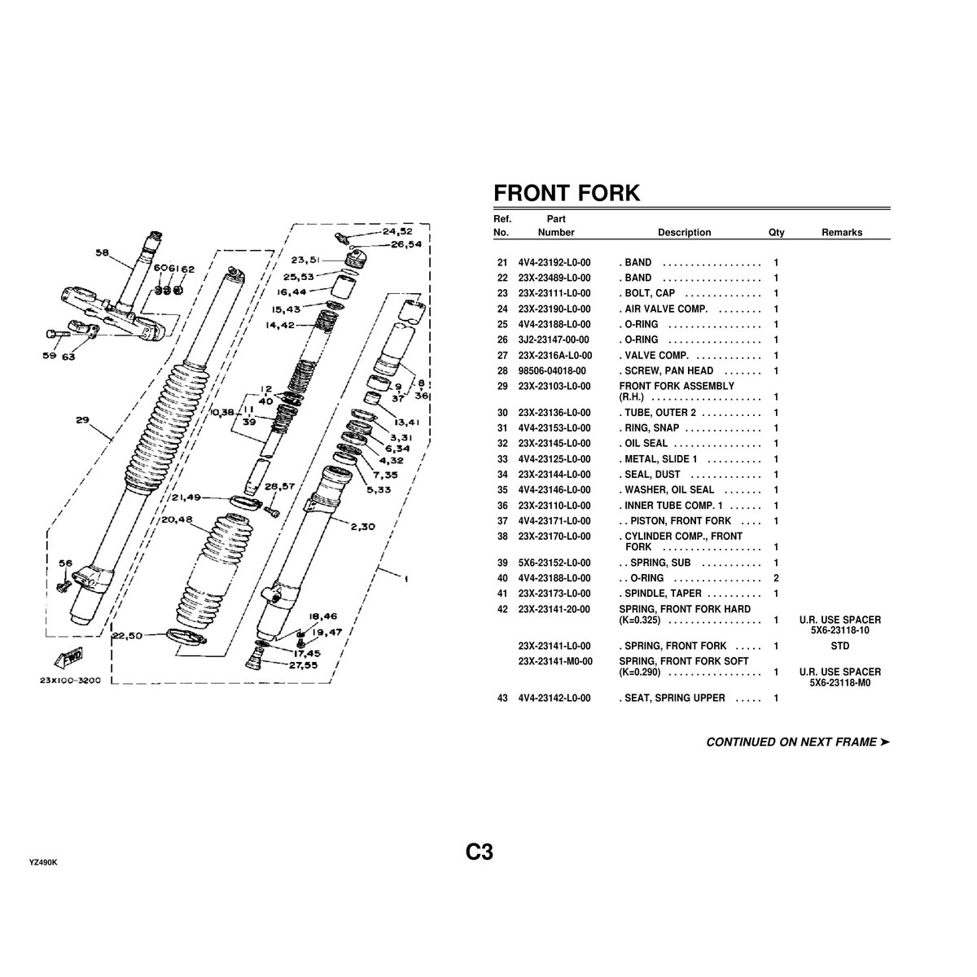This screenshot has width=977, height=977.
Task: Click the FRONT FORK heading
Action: [x=567, y=193]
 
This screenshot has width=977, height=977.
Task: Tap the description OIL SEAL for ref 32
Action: [x=645, y=444]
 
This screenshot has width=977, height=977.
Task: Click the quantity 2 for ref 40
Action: [x=776, y=579]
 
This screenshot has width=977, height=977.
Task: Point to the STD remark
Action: [x=840, y=646]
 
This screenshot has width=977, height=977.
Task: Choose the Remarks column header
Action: [x=841, y=233]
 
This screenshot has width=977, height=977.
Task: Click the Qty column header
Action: [x=776, y=233]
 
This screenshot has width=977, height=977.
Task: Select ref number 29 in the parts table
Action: [x=502, y=386]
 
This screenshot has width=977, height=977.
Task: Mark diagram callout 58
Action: [x=102, y=253]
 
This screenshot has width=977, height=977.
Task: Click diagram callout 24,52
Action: [x=396, y=231]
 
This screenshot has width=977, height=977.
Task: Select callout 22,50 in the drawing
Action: [x=128, y=635]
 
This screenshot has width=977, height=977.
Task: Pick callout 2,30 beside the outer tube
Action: [x=361, y=526]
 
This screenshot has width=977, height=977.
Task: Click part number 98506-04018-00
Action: [x=551, y=371]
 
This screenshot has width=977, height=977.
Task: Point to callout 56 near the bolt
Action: [x=65, y=563]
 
